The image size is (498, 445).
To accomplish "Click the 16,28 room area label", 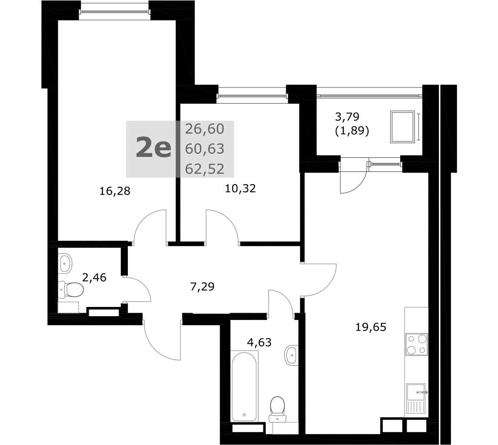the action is click(x=115, y=191).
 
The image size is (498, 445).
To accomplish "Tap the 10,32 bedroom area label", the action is click(x=241, y=189).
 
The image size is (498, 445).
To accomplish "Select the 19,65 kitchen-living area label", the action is click(x=371, y=327).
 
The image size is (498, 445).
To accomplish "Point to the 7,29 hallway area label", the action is click(x=202, y=287).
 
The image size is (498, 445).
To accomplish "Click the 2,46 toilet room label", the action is click(x=94, y=278).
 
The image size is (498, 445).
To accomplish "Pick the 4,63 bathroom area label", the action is click(x=259, y=342).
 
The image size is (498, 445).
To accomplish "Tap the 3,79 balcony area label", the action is click(x=347, y=117).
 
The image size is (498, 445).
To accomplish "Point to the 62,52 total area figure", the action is click(x=205, y=169).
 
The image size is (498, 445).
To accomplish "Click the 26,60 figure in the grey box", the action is click(x=205, y=129).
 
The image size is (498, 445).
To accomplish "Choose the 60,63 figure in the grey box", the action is click(x=205, y=149).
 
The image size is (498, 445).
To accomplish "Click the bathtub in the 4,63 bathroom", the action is click(x=244, y=386).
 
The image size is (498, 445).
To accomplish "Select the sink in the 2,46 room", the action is click(x=65, y=263).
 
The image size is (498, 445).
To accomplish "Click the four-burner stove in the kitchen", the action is click(x=417, y=344).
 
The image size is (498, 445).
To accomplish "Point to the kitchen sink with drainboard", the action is click(x=417, y=398).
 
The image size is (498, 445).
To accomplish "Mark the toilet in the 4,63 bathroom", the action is click(x=277, y=409).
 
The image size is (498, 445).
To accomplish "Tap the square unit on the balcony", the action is click(x=402, y=127).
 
